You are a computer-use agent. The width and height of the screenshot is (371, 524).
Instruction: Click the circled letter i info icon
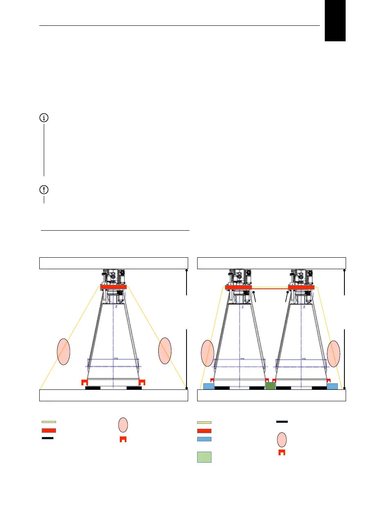point(44,118)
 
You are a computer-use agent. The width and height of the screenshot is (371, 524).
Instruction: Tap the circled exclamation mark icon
point(44,190)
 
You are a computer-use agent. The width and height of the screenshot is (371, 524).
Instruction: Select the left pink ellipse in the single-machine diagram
point(63,351)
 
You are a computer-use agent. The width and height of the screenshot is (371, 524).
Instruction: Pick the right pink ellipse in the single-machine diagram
point(165,351)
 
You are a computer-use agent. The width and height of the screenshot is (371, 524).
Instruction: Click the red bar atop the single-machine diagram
point(113,287)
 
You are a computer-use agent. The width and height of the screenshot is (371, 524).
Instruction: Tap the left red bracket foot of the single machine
point(85,382)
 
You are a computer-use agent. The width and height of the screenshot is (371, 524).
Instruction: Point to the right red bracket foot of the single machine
point(142,382)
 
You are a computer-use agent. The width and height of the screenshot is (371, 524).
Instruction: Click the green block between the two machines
point(270,386)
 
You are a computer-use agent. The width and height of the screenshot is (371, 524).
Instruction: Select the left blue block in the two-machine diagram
point(209,386)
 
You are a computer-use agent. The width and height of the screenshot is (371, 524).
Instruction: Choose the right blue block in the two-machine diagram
point(332,386)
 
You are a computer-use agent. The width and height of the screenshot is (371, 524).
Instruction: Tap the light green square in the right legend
point(204,457)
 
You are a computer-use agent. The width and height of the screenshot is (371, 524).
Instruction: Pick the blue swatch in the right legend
point(204,439)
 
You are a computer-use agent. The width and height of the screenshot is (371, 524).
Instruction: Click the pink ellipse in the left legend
point(123,425)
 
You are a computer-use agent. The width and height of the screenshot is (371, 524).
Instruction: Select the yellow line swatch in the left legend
point(49,422)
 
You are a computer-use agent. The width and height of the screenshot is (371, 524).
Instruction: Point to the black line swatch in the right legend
point(282,421)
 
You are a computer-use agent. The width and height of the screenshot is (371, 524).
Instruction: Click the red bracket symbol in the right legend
point(281,452)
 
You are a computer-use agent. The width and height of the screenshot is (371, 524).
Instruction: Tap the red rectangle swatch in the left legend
point(49,430)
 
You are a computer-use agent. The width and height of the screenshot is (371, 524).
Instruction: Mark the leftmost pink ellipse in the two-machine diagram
point(208,354)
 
